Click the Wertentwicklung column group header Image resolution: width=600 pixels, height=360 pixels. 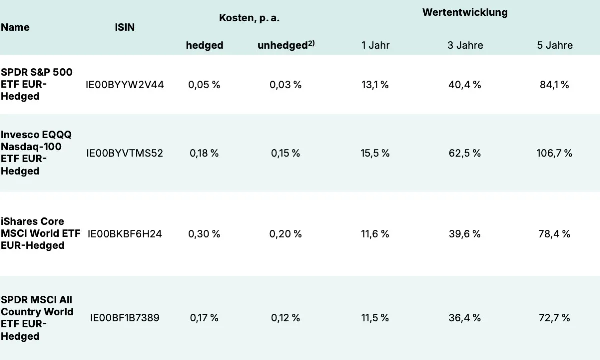click(465, 13)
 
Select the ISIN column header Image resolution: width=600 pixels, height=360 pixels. click(125, 27)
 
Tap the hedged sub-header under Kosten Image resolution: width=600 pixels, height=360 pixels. click(205, 45)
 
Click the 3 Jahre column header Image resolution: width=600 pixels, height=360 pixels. click(465, 45)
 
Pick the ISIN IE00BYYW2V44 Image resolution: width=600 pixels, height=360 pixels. click(125, 85)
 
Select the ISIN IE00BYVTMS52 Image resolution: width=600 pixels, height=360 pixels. click(125, 153)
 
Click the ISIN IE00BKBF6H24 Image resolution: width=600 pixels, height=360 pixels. click(125, 234)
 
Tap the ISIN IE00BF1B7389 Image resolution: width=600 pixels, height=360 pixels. click(125, 318)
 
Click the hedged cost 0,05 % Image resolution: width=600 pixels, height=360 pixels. click(204, 85)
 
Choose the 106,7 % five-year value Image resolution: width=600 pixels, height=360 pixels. click(554, 153)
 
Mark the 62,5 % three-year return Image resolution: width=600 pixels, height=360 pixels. click(465, 153)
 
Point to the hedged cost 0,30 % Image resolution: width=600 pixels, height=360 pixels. click(204, 234)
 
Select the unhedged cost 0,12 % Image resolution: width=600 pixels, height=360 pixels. click(286, 318)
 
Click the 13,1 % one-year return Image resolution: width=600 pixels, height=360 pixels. click(375, 85)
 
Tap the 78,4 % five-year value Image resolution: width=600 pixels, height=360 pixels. click(554, 234)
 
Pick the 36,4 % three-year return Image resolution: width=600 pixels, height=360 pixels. click(465, 318)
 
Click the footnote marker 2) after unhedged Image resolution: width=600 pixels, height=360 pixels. click(311, 43)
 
